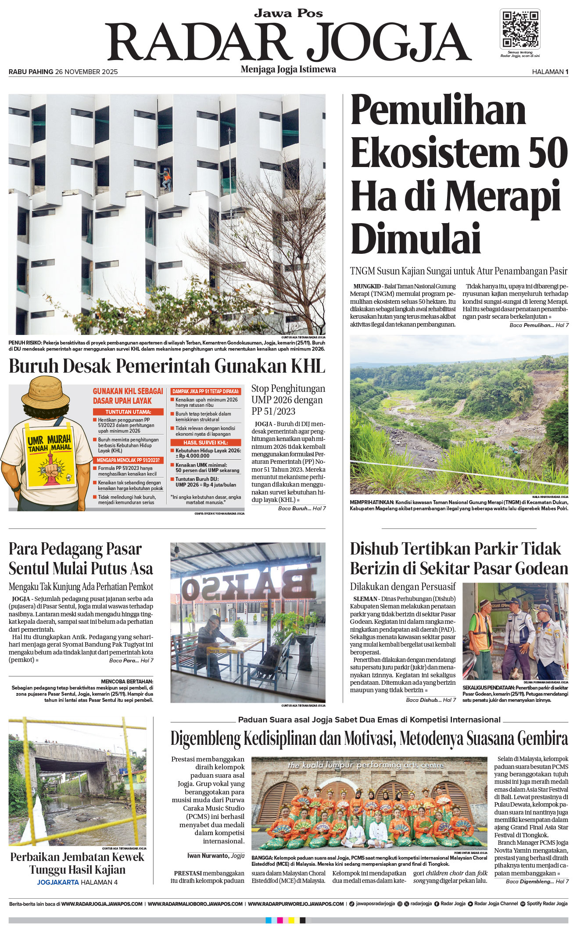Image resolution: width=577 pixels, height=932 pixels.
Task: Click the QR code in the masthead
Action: click(x=520, y=29)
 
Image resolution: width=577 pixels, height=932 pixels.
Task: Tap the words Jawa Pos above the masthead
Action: click(x=288, y=14)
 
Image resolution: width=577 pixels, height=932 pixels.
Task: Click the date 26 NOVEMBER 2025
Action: click(x=86, y=72)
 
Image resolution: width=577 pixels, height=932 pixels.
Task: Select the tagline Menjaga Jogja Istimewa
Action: click(x=288, y=69)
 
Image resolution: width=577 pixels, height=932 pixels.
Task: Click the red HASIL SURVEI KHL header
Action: click(x=206, y=442)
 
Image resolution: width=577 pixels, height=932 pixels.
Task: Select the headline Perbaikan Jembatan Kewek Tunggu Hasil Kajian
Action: click(x=77, y=863)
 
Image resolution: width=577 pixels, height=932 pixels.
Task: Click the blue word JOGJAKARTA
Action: click(x=57, y=882)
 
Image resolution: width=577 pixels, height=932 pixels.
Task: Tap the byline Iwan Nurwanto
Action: click(x=208, y=855)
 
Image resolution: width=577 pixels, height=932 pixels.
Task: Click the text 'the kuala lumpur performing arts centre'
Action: click(x=366, y=765)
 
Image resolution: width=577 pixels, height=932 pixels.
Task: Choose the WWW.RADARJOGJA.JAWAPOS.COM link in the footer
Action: click(x=102, y=904)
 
